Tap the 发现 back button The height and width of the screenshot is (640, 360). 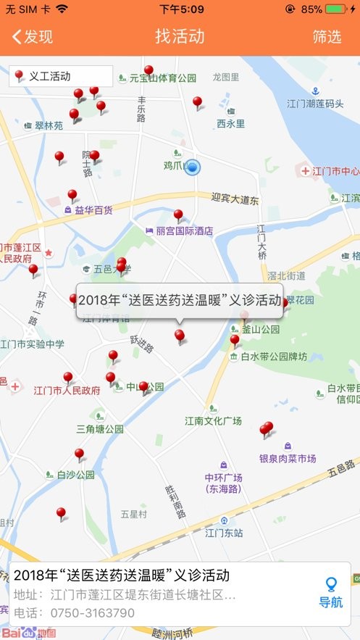point(33,37)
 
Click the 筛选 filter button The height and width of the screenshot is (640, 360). point(327,37)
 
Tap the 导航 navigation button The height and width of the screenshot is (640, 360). point(331,594)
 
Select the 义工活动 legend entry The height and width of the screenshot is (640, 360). point(61,76)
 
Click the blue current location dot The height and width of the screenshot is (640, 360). point(192,167)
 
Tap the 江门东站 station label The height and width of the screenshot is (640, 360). point(224,533)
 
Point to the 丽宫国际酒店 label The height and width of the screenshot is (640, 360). point(184,231)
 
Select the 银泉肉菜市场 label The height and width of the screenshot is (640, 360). point(288,458)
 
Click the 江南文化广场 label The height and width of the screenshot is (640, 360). point(212,420)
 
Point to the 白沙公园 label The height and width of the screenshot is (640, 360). point(75,475)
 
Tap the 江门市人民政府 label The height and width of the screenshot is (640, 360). point(67,390)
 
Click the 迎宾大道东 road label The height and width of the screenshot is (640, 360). point(235,198)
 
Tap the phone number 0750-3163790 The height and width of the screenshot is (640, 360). point(85,613)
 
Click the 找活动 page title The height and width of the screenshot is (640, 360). point(180,37)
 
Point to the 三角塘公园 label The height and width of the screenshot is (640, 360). point(100,428)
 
